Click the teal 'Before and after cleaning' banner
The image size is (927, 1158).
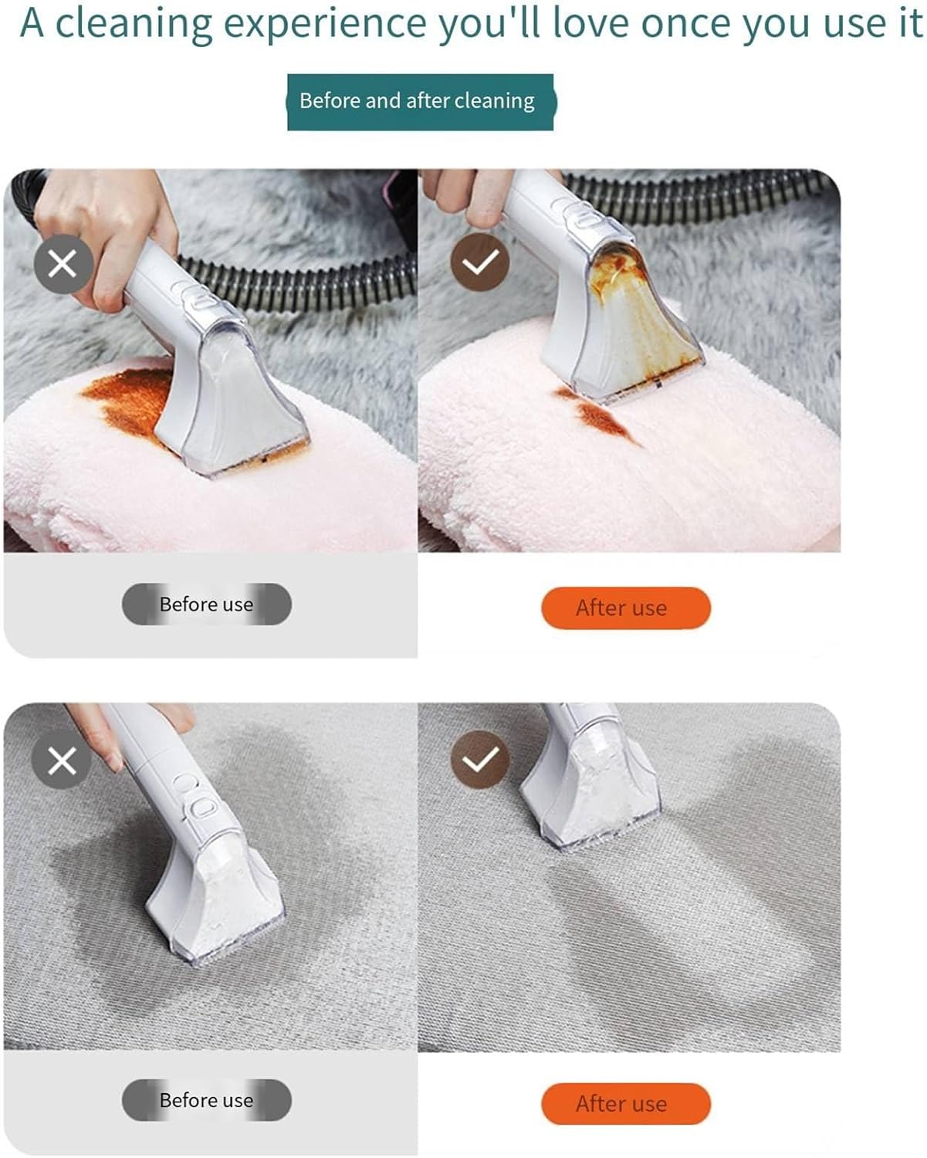(x=420, y=102)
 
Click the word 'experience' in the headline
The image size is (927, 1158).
(x=324, y=24)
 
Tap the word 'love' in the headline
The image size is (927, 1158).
(x=590, y=23)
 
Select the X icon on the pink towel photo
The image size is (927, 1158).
(x=63, y=264)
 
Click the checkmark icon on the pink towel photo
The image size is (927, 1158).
(x=479, y=262)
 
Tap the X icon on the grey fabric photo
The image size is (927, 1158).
(x=62, y=761)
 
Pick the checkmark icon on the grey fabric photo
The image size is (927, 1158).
(x=479, y=760)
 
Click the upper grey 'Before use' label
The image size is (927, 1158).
(x=207, y=604)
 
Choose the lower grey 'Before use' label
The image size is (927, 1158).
(x=207, y=1100)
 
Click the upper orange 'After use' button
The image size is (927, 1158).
(x=626, y=608)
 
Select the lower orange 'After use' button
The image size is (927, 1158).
(x=626, y=1104)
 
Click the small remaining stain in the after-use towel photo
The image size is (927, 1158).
(x=598, y=415)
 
